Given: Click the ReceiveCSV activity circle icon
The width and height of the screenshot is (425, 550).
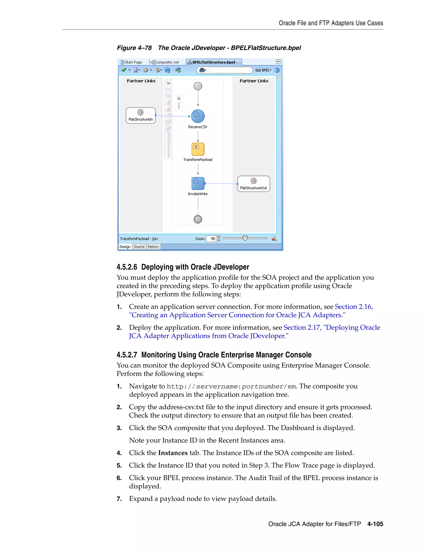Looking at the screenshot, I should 198,116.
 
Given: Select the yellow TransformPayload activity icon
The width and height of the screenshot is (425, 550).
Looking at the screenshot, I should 198,149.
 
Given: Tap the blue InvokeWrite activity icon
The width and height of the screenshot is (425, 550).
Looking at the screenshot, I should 198,183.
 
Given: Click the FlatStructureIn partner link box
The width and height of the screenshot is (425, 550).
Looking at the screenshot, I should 141,116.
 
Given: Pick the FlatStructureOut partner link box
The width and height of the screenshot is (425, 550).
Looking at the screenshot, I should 254,184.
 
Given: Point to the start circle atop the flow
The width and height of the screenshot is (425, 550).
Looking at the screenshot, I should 198,86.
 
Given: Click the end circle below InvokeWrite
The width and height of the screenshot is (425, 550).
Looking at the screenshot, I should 198,219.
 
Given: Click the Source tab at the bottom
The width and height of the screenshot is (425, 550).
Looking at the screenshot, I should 139,247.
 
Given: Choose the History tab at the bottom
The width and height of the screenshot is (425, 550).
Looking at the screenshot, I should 153,247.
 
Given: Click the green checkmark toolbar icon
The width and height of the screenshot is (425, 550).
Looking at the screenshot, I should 123,70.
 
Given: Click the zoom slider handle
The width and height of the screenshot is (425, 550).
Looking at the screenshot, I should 245,238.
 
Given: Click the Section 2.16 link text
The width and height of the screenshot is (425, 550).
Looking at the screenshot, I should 353,307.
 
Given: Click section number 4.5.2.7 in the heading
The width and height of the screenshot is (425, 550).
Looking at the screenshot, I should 127,355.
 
